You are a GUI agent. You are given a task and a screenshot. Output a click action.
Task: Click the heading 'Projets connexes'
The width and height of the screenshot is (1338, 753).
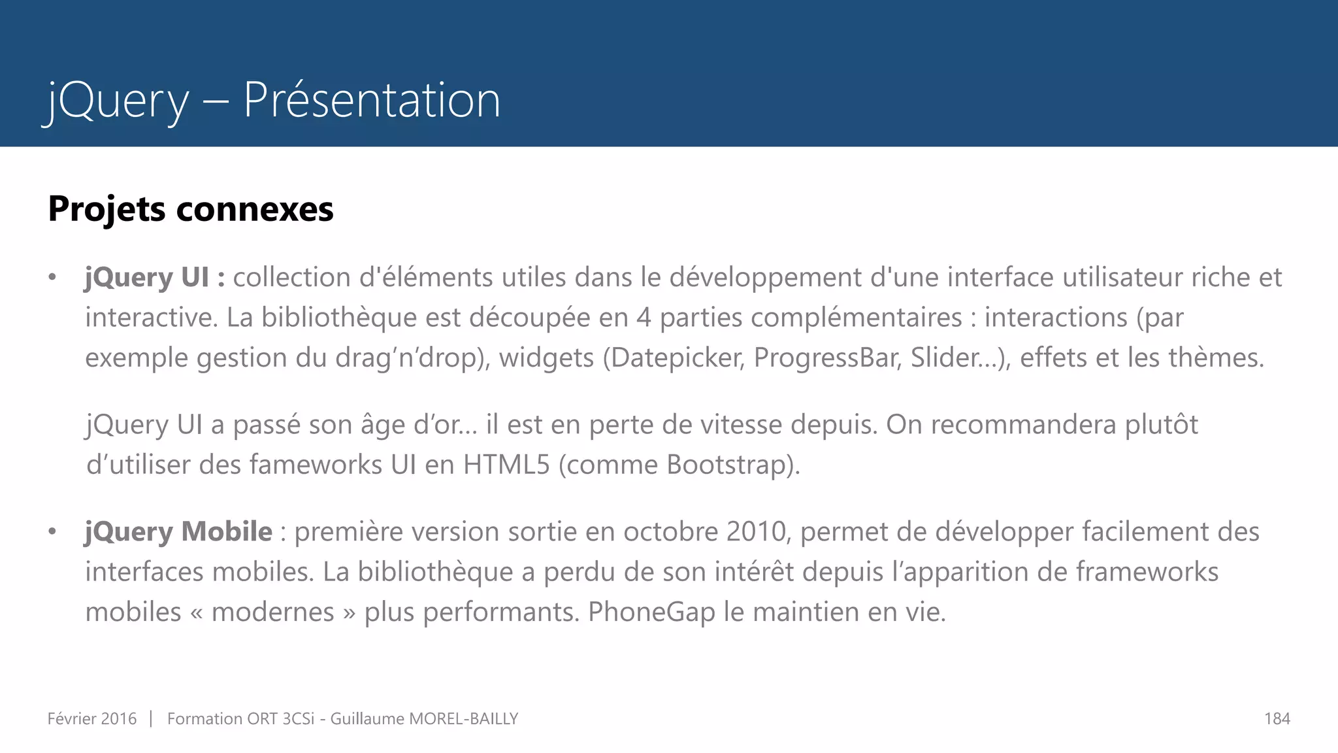(191, 209)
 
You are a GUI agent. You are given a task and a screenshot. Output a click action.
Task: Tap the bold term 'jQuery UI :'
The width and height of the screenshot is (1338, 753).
(155, 277)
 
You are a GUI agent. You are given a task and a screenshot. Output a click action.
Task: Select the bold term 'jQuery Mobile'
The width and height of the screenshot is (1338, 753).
(178, 531)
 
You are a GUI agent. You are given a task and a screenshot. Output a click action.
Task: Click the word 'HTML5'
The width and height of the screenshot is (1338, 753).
(506, 465)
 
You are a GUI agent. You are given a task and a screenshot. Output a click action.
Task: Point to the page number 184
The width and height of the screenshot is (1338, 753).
(1277, 719)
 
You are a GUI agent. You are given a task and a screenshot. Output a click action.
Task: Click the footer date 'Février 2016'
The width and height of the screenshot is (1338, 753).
(92, 719)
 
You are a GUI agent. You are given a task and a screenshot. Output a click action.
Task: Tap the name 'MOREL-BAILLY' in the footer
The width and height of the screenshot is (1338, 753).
(463, 719)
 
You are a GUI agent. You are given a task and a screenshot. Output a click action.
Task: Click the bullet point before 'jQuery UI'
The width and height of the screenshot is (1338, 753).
(52, 278)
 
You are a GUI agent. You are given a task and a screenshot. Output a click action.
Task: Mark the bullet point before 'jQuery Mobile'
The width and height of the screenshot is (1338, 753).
(52, 532)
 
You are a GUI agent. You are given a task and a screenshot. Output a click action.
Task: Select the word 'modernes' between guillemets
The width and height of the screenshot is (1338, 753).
(273, 612)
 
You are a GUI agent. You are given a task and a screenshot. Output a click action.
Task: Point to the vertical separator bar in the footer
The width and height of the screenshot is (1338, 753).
(151, 718)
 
